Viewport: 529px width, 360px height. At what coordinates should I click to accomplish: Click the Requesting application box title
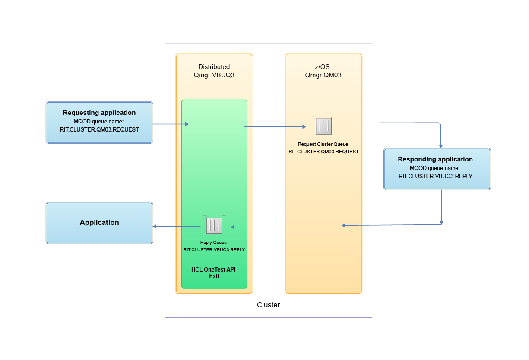[x=99, y=113]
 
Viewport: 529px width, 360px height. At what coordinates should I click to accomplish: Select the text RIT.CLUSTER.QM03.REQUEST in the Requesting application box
[x=99, y=129]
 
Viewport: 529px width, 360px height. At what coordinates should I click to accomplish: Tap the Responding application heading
[x=435, y=159]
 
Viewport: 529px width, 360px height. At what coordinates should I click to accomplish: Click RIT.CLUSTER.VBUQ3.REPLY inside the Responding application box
[x=435, y=176]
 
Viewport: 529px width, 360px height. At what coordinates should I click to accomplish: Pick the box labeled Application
[x=99, y=223]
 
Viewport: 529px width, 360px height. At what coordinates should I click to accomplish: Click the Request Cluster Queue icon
[x=323, y=126]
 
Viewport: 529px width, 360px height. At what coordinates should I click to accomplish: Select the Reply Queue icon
[x=214, y=225]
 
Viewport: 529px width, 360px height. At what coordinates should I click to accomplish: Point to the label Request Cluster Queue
[x=323, y=144]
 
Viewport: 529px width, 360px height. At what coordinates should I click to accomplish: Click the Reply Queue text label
[x=213, y=243]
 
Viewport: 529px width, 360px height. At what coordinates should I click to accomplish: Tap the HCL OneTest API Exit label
[x=214, y=272]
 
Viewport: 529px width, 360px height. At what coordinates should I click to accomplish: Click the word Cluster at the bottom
[x=268, y=305]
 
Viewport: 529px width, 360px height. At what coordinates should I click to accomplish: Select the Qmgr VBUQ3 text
[x=214, y=74]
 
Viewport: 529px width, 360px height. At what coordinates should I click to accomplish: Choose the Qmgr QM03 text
[x=323, y=74]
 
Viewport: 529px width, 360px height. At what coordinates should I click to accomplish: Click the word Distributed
[x=214, y=67]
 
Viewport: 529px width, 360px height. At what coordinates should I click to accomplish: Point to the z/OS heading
[x=323, y=67]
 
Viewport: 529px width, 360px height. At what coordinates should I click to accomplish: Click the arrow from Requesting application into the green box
[x=171, y=124]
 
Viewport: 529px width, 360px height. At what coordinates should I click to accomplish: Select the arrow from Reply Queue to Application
[x=177, y=227]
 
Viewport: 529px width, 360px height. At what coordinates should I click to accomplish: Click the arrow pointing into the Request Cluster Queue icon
[x=276, y=127]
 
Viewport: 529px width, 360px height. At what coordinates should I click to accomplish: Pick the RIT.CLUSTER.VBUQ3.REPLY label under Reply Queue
[x=214, y=249]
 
